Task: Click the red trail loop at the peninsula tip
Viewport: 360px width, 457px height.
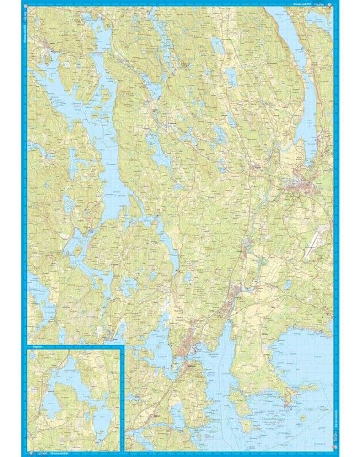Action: [x=289, y=397]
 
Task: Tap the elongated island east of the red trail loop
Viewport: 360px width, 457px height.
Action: [x=309, y=388]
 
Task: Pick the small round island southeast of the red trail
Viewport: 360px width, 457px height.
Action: [x=302, y=417]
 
